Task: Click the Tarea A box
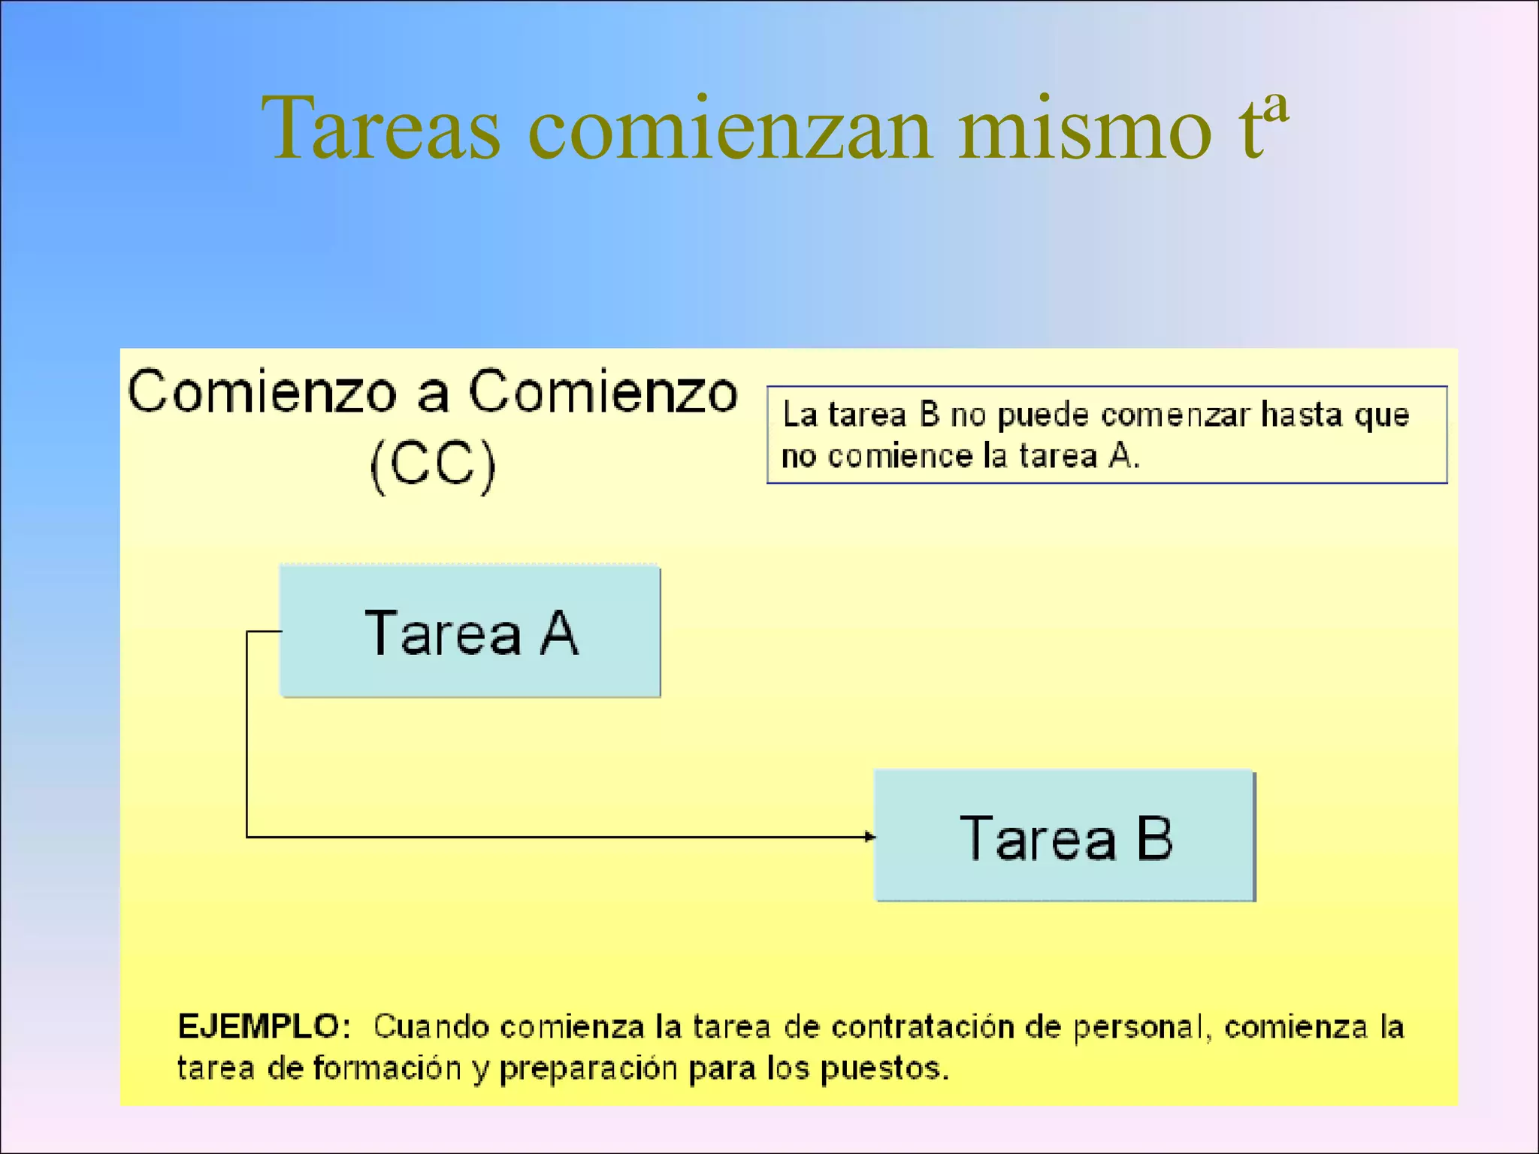pyautogui.click(x=470, y=632)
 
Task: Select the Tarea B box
pyautogui.click(x=1065, y=836)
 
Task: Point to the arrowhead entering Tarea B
pyautogui.click(x=869, y=836)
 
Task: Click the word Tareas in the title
pyautogui.click(x=380, y=129)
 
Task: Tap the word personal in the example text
pyautogui.click(x=1139, y=1027)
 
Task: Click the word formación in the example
pyautogui.click(x=386, y=1068)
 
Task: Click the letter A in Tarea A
pyautogui.click(x=560, y=633)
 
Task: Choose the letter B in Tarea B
pyautogui.click(x=1154, y=838)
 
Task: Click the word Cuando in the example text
pyautogui.click(x=431, y=1027)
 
